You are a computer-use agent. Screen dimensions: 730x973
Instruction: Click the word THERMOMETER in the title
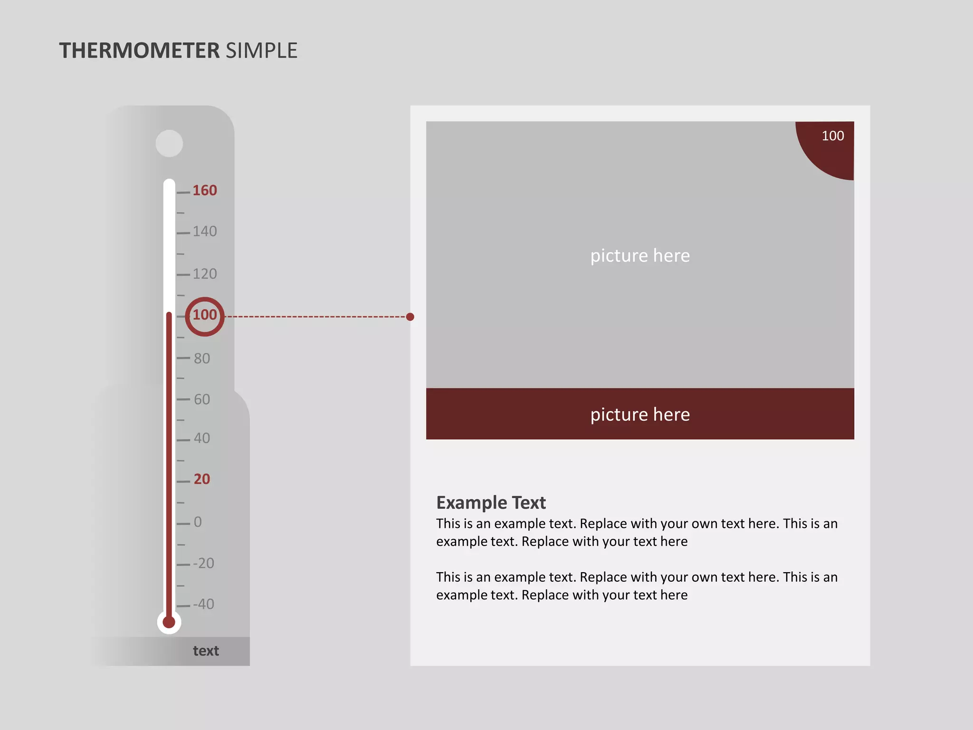[x=139, y=51]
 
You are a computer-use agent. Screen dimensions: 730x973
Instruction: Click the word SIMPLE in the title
[x=261, y=51]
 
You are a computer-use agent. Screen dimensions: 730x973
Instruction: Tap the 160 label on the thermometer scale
[x=205, y=191]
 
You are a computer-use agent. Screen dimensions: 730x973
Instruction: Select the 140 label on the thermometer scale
[x=205, y=231]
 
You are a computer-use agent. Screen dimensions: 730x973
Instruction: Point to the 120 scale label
[x=205, y=274]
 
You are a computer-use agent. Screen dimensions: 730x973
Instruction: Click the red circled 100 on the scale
[x=205, y=315]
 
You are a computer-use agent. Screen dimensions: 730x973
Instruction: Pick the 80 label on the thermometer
[x=202, y=358]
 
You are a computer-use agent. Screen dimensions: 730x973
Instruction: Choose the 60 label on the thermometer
[x=202, y=399]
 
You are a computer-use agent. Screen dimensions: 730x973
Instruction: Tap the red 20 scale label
[x=202, y=479]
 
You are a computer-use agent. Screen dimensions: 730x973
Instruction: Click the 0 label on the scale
[x=198, y=522]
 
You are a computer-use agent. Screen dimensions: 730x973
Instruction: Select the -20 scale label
[x=204, y=563]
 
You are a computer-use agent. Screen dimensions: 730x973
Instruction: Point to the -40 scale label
[x=204, y=604]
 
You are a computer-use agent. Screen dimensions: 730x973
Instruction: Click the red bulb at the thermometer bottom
[x=169, y=622]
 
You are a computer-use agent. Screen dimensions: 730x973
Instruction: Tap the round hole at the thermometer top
[x=169, y=144]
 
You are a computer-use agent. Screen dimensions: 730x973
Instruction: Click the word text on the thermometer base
[x=206, y=651]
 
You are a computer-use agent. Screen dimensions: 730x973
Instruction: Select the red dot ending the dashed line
[x=410, y=317]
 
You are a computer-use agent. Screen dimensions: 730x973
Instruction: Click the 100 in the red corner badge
[x=833, y=136]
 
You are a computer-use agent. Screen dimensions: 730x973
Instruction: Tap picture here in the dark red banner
[x=640, y=414]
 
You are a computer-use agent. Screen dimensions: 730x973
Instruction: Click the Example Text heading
[x=491, y=502]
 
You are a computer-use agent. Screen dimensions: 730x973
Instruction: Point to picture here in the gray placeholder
[x=640, y=256]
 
